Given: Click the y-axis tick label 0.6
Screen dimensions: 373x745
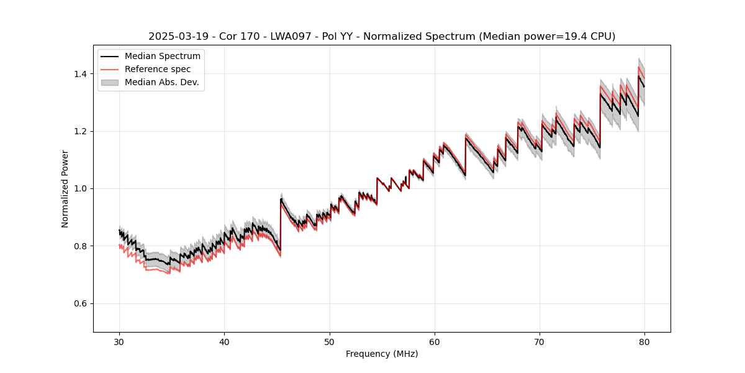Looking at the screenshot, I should pyautogui.click(x=81, y=303).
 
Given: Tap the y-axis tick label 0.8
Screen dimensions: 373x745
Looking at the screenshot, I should pyautogui.click(x=81, y=246).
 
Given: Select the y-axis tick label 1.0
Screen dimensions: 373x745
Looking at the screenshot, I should pyautogui.click(x=81, y=188).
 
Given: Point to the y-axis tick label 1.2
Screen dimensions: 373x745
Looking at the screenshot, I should pyautogui.click(x=81, y=131).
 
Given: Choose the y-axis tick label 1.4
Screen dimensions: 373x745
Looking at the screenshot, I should pyautogui.click(x=81, y=74).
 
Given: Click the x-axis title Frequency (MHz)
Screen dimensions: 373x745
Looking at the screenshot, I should pyautogui.click(x=382, y=354).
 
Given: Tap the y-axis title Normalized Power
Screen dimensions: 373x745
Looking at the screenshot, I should pyautogui.click(x=65, y=188).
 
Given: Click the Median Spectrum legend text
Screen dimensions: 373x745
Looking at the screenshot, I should pyautogui.click(x=162, y=57).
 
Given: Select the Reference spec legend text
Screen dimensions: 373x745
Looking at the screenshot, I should pyautogui.click(x=158, y=69).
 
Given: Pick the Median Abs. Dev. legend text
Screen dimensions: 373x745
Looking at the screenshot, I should pyautogui.click(x=161, y=82).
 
